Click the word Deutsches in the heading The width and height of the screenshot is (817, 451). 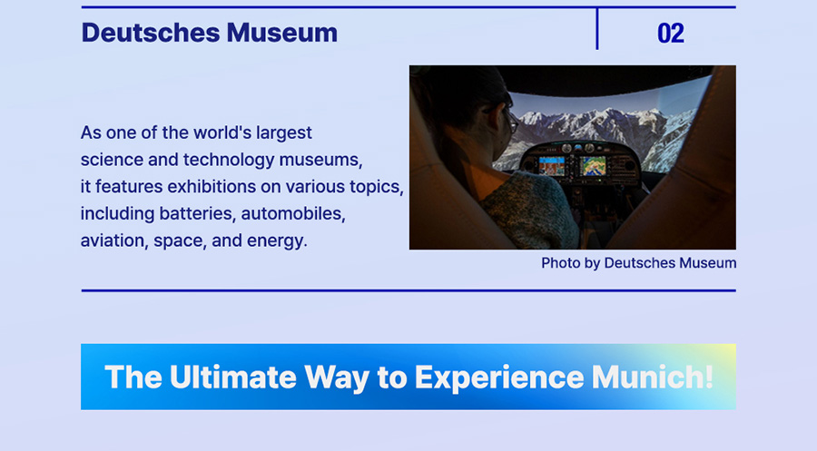click(151, 33)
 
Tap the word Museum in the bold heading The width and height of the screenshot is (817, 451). click(282, 33)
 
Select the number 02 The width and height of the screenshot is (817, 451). click(671, 34)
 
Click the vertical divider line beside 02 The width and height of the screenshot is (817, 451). click(597, 29)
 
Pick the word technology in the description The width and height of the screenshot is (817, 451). click(229, 160)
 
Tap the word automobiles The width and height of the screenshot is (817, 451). click(293, 213)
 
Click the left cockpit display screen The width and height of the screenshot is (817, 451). click(551, 166)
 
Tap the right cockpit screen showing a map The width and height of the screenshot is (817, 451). click(593, 166)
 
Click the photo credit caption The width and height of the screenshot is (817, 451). click(639, 263)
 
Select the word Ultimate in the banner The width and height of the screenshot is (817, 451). click(233, 377)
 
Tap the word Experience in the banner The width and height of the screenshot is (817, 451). click(499, 377)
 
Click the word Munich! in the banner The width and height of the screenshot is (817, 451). click(653, 377)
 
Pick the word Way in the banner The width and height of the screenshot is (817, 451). click(337, 377)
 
